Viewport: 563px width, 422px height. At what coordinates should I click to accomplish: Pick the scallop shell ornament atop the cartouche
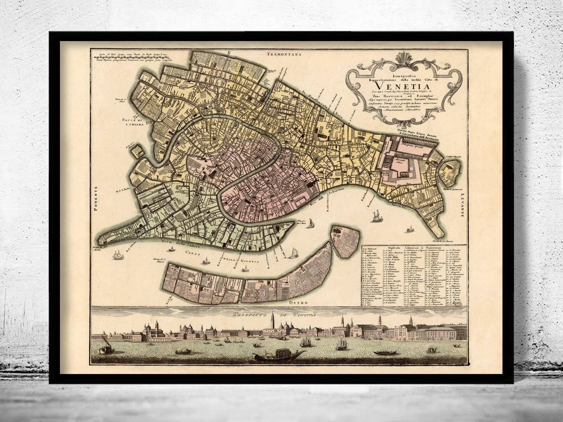point(389,60)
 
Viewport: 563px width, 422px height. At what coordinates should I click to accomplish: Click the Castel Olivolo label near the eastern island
point(453,157)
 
